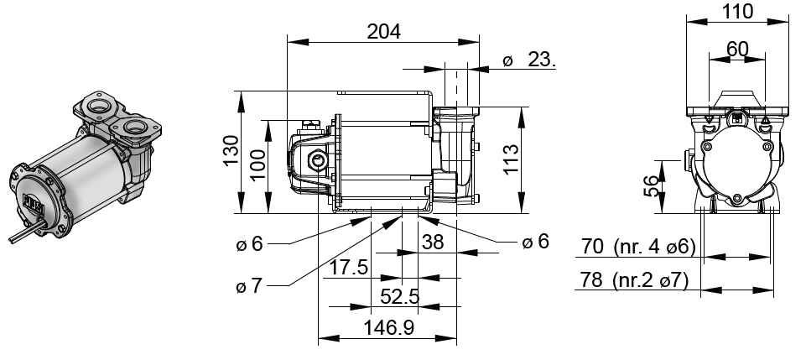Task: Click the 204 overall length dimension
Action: click(383, 31)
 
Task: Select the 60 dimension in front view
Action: click(737, 50)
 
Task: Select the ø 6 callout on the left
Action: click(250, 243)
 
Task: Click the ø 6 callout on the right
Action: click(535, 242)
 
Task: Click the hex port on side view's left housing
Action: click(318, 159)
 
